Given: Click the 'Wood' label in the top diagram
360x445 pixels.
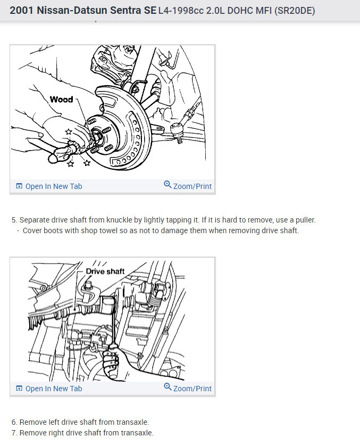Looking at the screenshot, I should pyautogui.click(x=61, y=100).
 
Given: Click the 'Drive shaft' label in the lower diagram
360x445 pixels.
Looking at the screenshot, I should pyautogui.click(x=105, y=271).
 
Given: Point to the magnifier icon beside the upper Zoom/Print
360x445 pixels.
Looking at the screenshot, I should pyautogui.click(x=168, y=185).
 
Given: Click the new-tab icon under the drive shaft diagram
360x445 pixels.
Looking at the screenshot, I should pyautogui.click(x=19, y=389).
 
